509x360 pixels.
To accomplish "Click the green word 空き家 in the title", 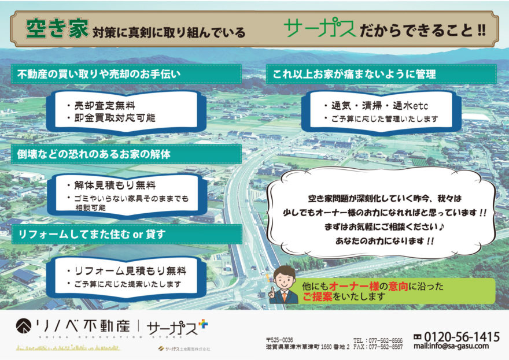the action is point(57,29).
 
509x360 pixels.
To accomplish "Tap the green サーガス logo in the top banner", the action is point(320,28).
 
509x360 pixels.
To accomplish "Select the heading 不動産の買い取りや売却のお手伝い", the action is point(99,74).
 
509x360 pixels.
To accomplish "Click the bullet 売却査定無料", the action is point(105,105).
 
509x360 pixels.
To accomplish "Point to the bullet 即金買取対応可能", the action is point(115,118).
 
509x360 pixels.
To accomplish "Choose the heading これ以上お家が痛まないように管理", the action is point(354,75).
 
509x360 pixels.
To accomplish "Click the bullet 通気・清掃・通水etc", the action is point(379,106).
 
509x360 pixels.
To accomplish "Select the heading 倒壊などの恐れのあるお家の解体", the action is point(94,154).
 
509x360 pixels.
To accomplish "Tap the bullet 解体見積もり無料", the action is point(115,185).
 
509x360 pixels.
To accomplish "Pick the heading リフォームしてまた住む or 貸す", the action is point(92,234).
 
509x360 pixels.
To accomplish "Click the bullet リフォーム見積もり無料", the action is point(131,271).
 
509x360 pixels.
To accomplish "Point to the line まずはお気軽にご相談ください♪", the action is point(384,227).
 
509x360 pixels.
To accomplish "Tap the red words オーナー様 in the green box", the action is point(354,287).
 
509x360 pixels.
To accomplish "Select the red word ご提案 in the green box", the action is point(318,296).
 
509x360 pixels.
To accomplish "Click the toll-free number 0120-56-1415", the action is point(462,337).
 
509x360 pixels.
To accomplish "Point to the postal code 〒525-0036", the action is point(279,340).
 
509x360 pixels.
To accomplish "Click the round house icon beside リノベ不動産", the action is point(24,326).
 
